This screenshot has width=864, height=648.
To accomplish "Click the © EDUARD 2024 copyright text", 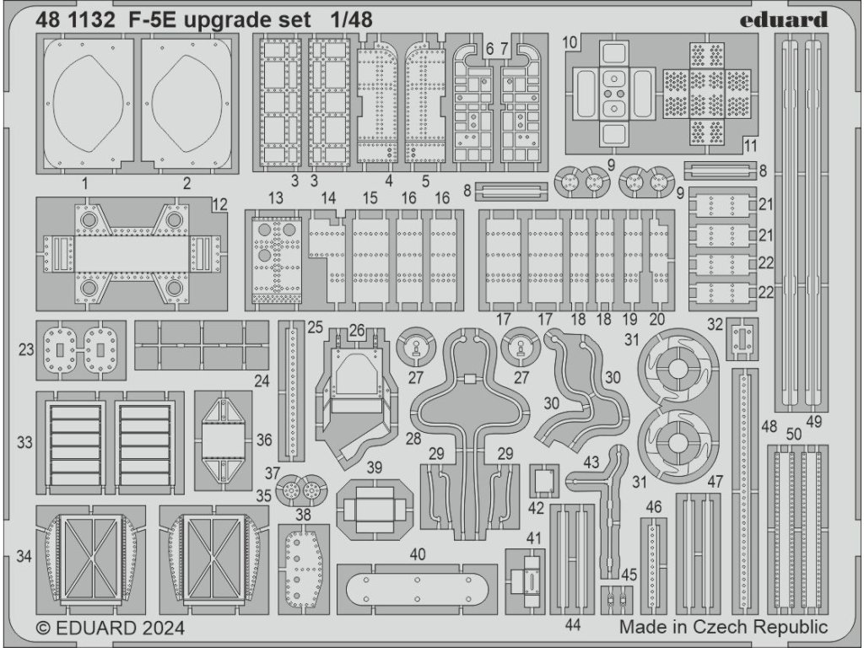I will click(x=111, y=629).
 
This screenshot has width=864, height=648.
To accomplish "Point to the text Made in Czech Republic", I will click(x=723, y=627).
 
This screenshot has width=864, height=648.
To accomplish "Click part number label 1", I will click(x=85, y=182).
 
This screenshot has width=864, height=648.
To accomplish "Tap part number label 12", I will click(x=219, y=203).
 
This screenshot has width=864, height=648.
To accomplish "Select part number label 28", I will click(x=413, y=440).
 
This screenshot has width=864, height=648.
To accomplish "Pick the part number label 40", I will click(x=417, y=554).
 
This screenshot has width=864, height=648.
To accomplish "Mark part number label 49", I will click(x=813, y=420).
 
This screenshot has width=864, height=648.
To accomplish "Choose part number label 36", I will click(x=264, y=440).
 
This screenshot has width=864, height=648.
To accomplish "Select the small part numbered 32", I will click(x=741, y=337).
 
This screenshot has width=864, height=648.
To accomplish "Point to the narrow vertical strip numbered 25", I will click(x=293, y=385).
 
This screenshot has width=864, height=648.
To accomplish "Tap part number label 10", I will click(x=569, y=41).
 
